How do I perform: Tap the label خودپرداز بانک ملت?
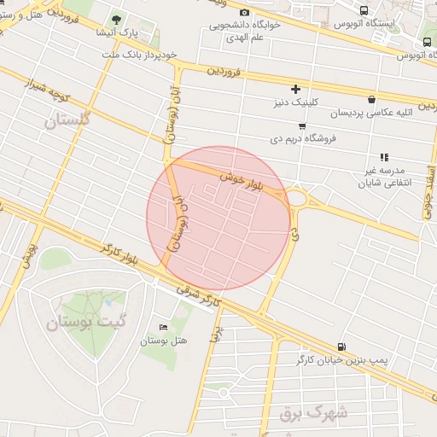(x=139, y=54)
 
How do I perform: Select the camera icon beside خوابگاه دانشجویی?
(x=245, y=12)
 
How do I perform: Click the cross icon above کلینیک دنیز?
(x=296, y=89)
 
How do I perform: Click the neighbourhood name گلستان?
(x=66, y=120)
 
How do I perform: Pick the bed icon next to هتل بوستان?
(x=164, y=327)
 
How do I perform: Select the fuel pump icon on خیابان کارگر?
(x=342, y=347)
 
